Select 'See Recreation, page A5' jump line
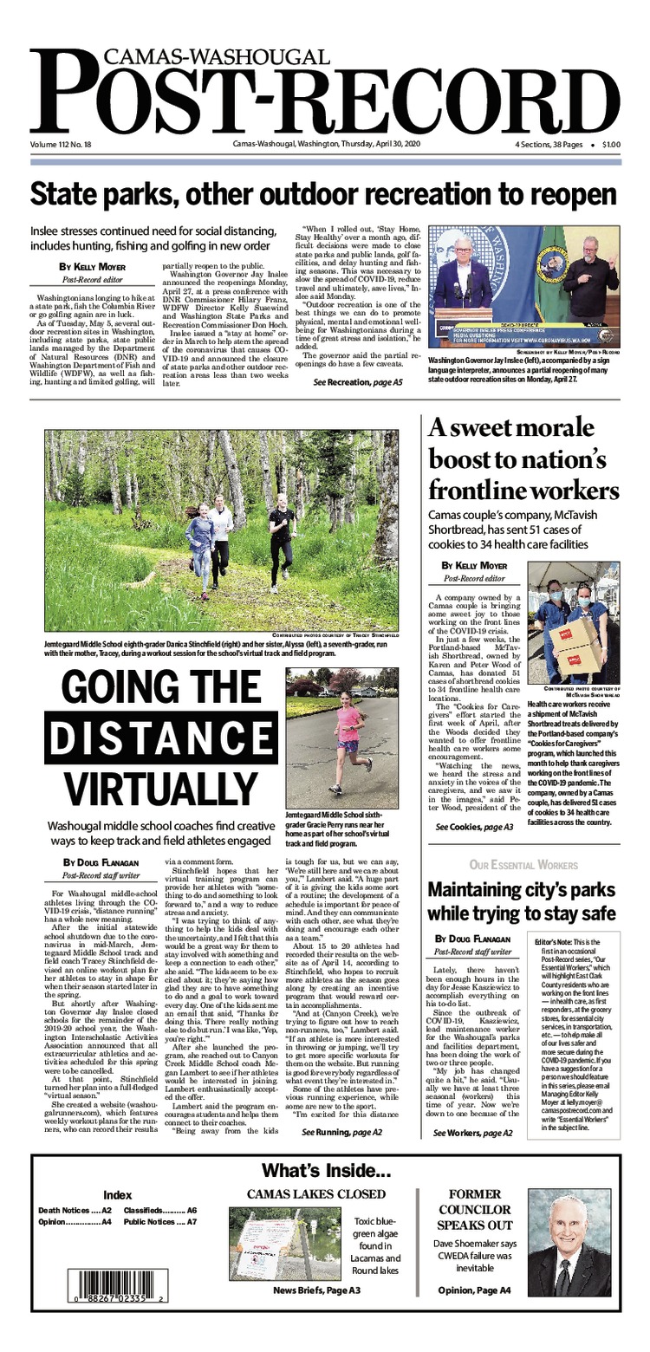pyautogui.click(x=358, y=382)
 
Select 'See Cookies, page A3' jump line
pyautogui.click(x=475, y=828)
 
